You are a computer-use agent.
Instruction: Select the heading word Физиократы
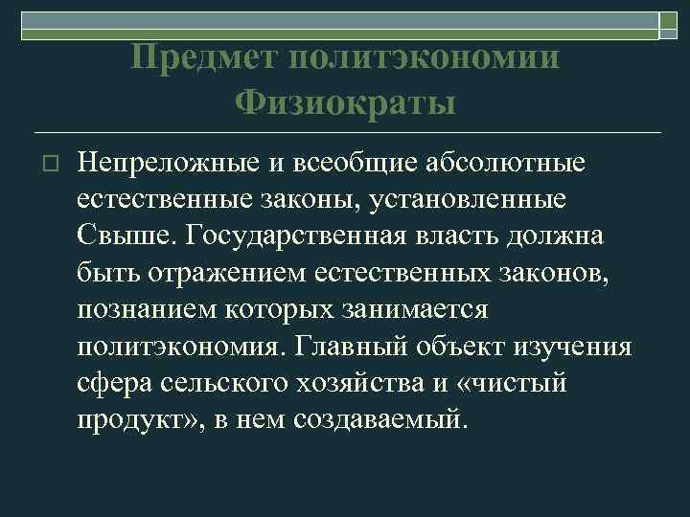tap(344, 102)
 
